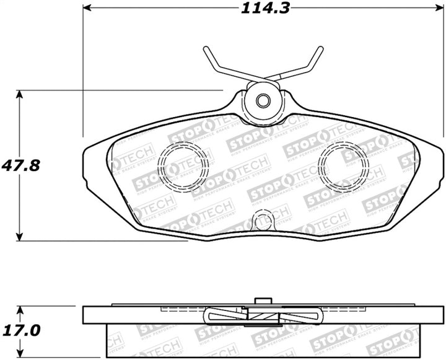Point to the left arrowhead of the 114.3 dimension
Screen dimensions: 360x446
pos(87,8)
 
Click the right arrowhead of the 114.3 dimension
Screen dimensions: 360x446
pos(441,8)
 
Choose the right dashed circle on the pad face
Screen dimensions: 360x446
pos(341,164)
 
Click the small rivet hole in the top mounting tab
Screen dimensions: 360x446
pos(263,100)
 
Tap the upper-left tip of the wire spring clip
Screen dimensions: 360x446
pos(206,50)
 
